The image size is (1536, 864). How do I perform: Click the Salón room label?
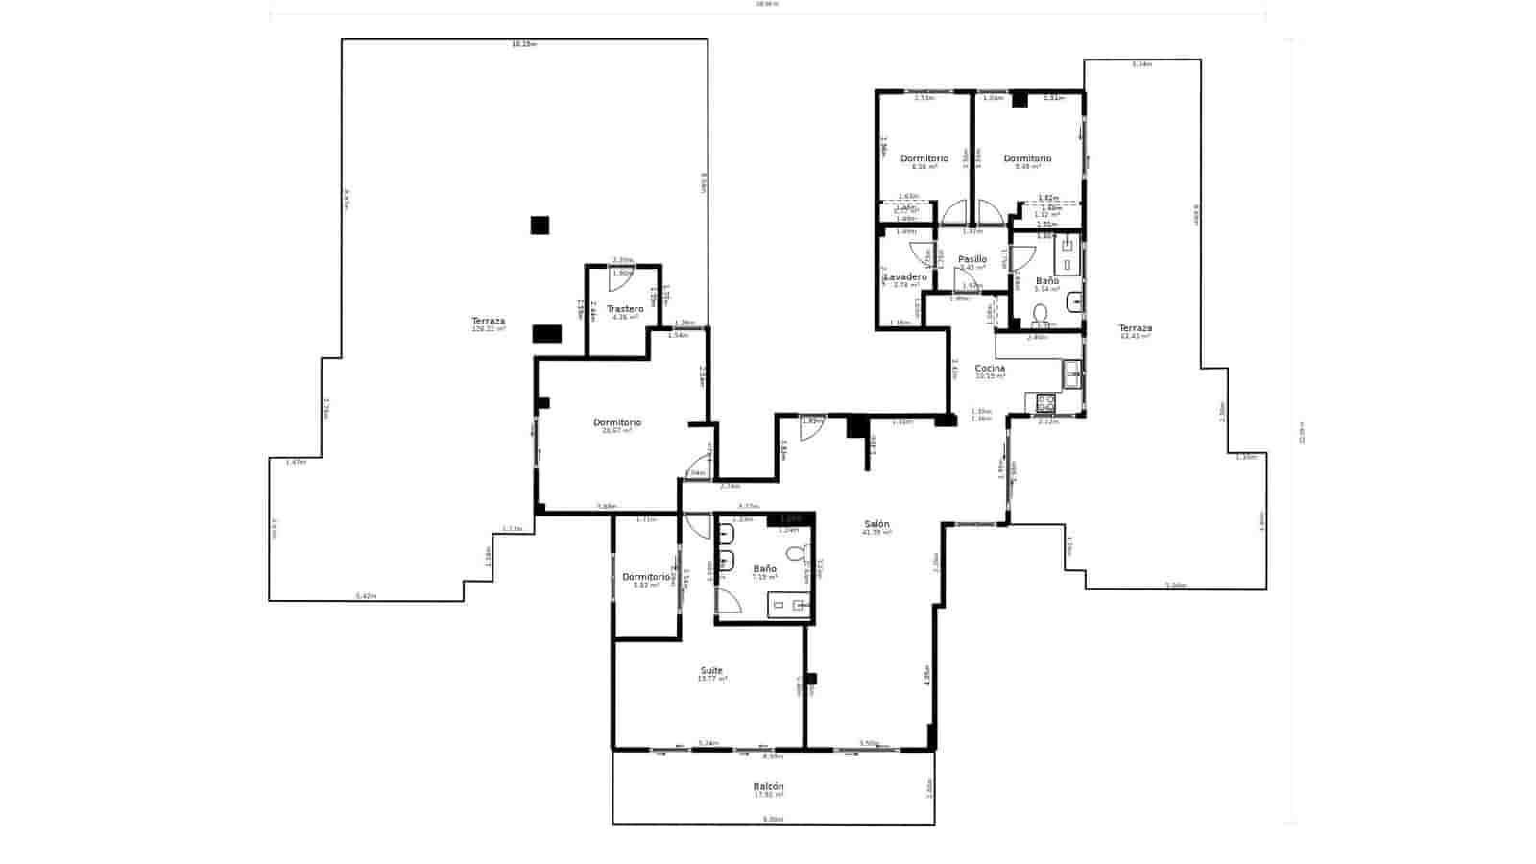click(x=876, y=524)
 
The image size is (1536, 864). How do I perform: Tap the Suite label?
click(x=711, y=671)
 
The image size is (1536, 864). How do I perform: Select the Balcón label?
click(x=768, y=787)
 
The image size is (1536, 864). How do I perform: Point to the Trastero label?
click(x=625, y=309)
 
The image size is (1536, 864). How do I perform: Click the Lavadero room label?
click(x=905, y=277)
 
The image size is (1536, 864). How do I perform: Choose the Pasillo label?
click(x=972, y=259)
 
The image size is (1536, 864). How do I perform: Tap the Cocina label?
click(x=990, y=369)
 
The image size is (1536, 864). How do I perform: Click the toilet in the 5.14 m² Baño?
click(x=1040, y=313)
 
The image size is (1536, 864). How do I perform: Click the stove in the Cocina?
click(x=1044, y=403)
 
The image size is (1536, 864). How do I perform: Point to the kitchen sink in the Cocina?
click(x=1071, y=373)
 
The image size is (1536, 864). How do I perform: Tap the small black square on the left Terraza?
click(x=540, y=226)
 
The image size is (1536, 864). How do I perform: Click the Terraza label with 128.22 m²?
click(x=488, y=322)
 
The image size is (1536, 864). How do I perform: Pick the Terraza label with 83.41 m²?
click(x=1135, y=328)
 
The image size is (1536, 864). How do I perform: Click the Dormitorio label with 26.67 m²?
click(x=616, y=423)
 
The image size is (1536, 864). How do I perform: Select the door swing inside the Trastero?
click(x=621, y=277)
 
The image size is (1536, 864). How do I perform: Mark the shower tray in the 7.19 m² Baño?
click(x=789, y=605)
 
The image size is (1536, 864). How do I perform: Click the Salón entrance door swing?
click(x=812, y=428)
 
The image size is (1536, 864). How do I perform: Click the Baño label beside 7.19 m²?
click(x=764, y=569)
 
